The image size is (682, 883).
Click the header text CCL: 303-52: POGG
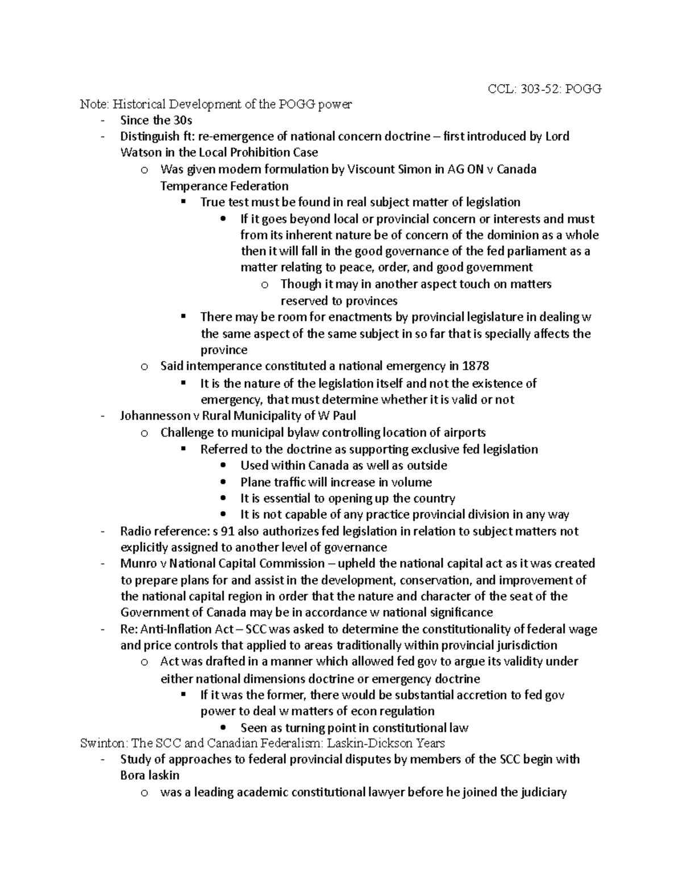click(x=544, y=89)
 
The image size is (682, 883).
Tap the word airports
click(x=464, y=432)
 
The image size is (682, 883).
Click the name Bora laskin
click(x=149, y=776)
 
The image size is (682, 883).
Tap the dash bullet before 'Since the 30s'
click(x=102, y=120)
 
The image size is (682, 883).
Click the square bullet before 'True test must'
click(x=182, y=202)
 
